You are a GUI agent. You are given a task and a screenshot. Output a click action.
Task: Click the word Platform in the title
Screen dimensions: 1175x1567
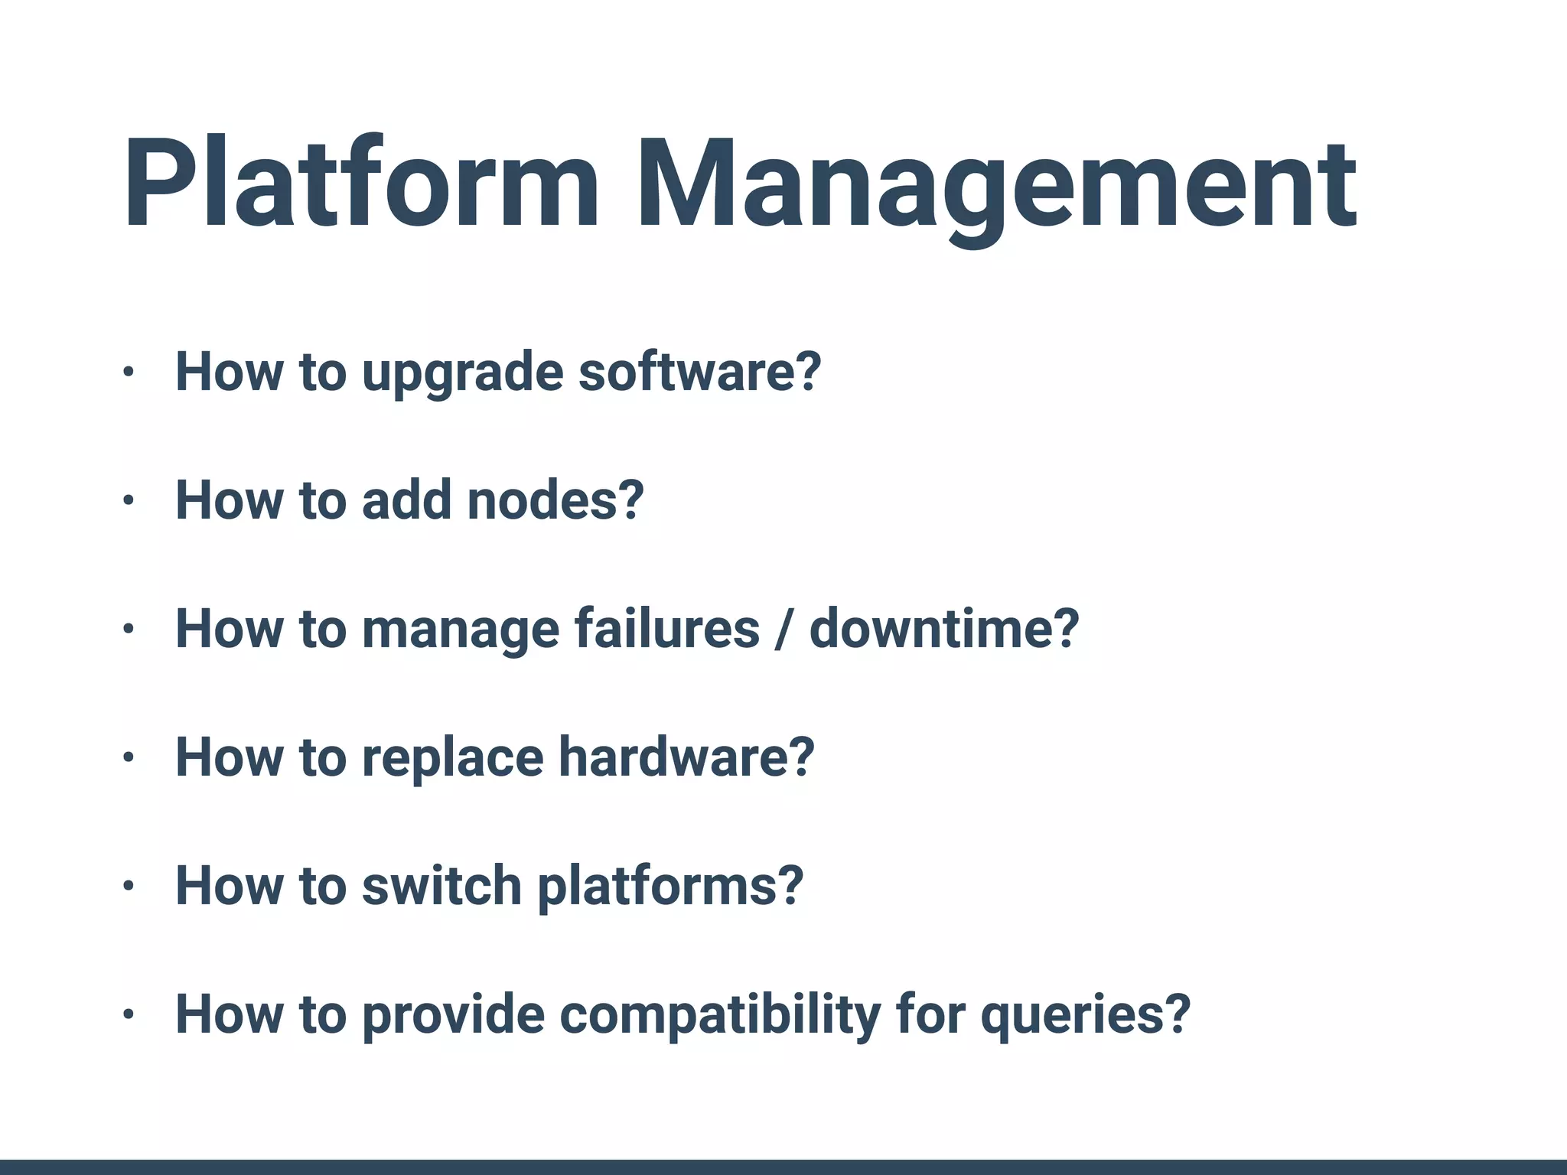[x=360, y=184]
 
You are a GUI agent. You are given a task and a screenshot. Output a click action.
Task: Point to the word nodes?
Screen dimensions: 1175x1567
[x=555, y=500]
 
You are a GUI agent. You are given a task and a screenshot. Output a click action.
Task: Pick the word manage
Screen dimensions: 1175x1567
[x=460, y=630]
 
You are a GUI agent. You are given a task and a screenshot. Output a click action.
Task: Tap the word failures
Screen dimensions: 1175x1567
[x=666, y=629]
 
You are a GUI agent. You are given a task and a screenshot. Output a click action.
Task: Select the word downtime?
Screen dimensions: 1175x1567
[x=943, y=629]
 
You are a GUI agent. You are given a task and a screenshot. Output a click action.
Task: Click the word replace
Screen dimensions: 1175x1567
[x=452, y=757]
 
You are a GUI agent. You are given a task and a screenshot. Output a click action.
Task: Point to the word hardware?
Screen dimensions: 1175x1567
[x=686, y=757]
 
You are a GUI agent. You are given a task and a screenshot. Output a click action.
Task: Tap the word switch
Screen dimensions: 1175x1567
[x=441, y=886]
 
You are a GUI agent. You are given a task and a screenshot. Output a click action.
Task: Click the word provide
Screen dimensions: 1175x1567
[x=453, y=1014]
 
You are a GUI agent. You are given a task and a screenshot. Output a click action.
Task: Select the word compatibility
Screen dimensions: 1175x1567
[x=720, y=1016]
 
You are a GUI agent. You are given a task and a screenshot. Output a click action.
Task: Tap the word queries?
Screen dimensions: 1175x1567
[x=1086, y=1016]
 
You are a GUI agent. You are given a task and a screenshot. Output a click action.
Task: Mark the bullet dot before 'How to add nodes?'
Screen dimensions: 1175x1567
[x=128, y=501]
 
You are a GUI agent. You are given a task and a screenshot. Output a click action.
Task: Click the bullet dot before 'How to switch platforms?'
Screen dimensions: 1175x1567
[x=128, y=887]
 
